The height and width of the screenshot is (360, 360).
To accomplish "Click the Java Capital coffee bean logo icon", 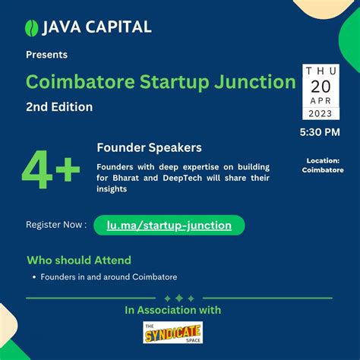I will pyautogui.click(x=31, y=27).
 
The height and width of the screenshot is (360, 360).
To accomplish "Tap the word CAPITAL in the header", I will pyautogui.click(x=116, y=27).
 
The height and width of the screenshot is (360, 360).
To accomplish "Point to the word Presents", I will pyautogui.click(x=46, y=55).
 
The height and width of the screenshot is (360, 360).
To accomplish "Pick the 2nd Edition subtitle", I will pyautogui.click(x=59, y=107).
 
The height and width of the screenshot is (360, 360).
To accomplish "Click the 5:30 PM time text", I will pyautogui.click(x=321, y=133).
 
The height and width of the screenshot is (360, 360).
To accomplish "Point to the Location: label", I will pyautogui.click(x=323, y=160).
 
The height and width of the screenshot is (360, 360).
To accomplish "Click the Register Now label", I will pyautogui.click(x=55, y=225).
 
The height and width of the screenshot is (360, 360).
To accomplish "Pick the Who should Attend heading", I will pyautogui.click(x=79, y=260).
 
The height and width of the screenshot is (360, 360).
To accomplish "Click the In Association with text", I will pyautogui.click(x=173, y=310).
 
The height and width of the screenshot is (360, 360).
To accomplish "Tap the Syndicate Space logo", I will pyautogui.click(x=172, y=332).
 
